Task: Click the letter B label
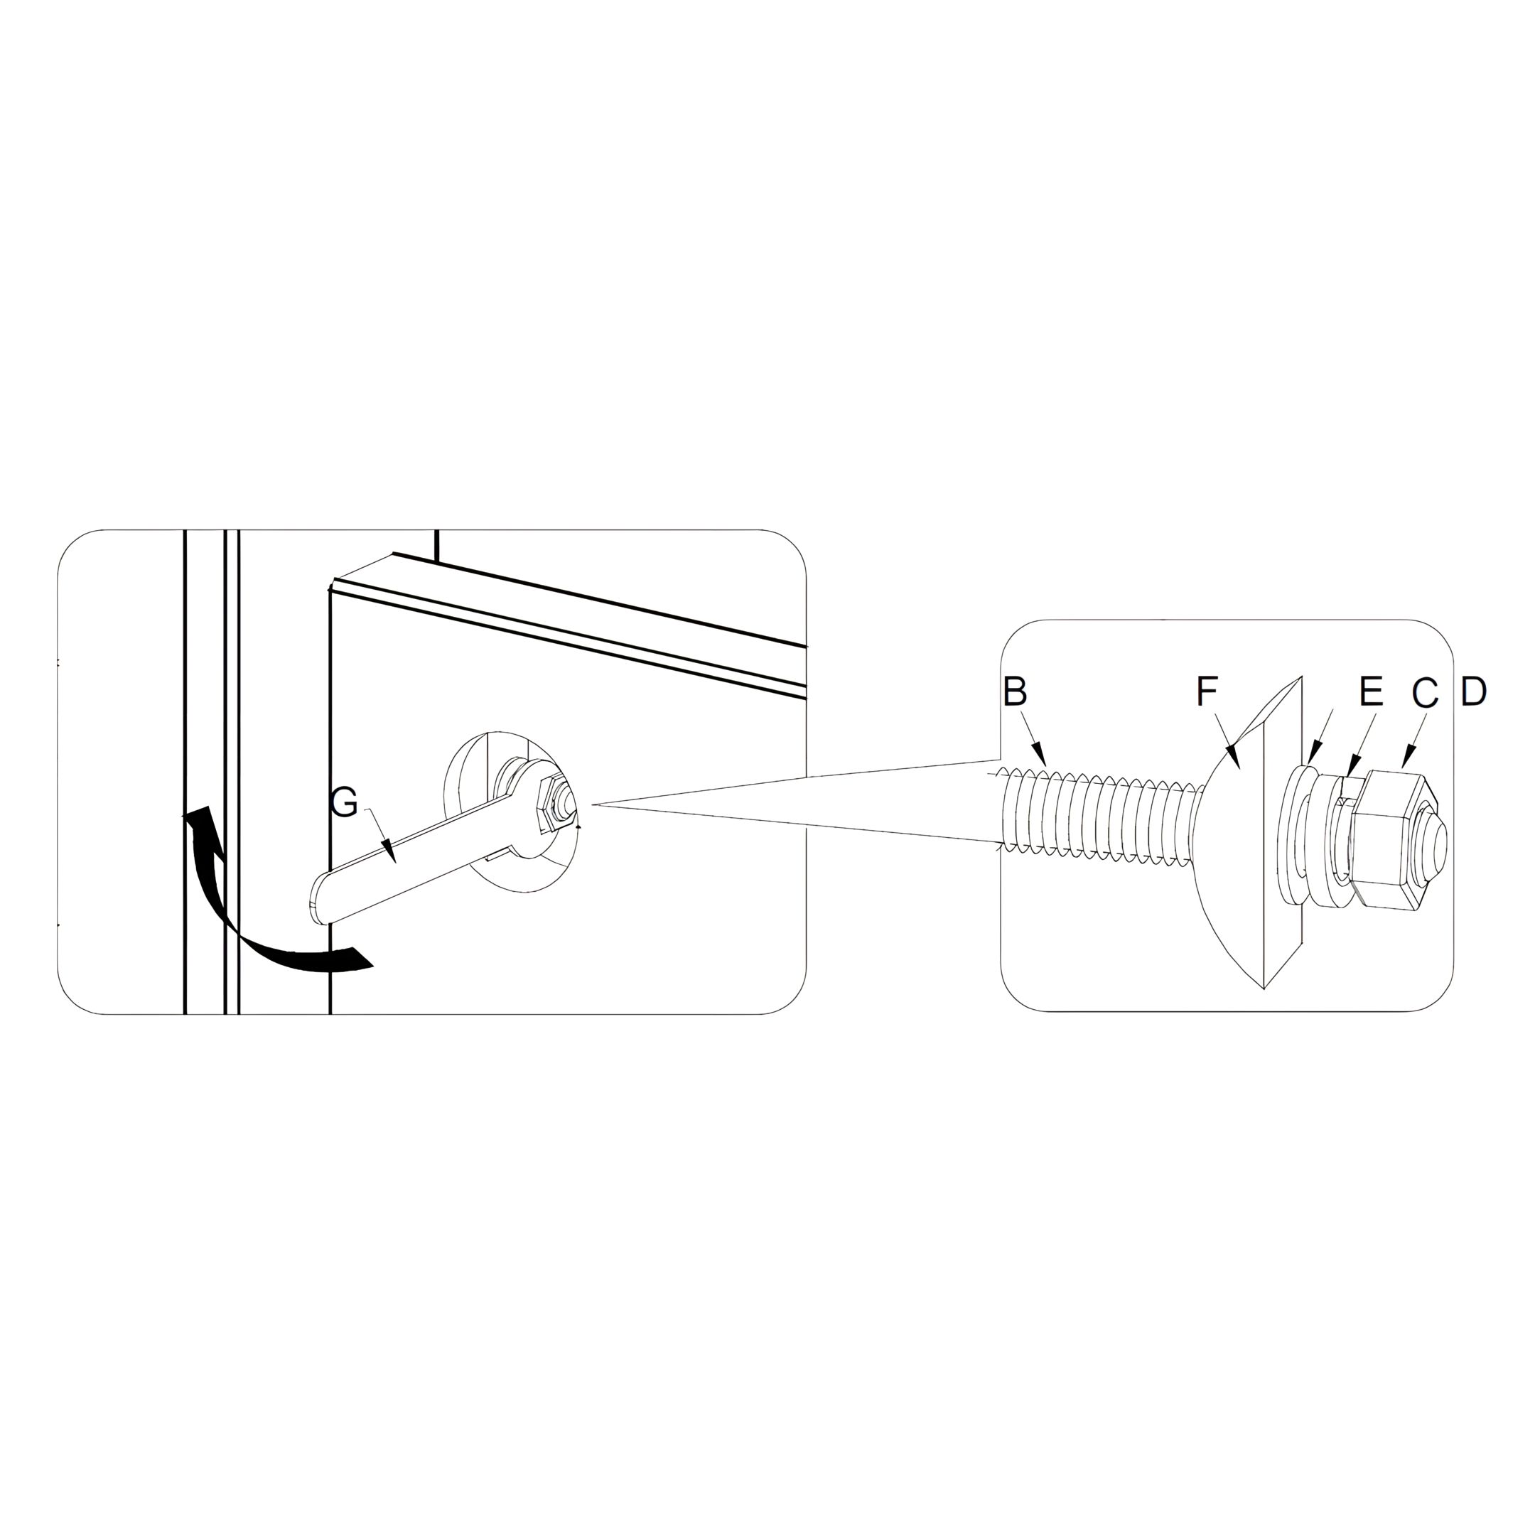[x=1015, y=691]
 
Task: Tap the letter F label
[x=1207, y=691]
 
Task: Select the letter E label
[x=1372, y=691]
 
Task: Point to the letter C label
[x=1426, y=692]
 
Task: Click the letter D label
[x=1474, y=691]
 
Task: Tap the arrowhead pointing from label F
[x=1231, y=756]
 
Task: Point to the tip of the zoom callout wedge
[x=592, y=806]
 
